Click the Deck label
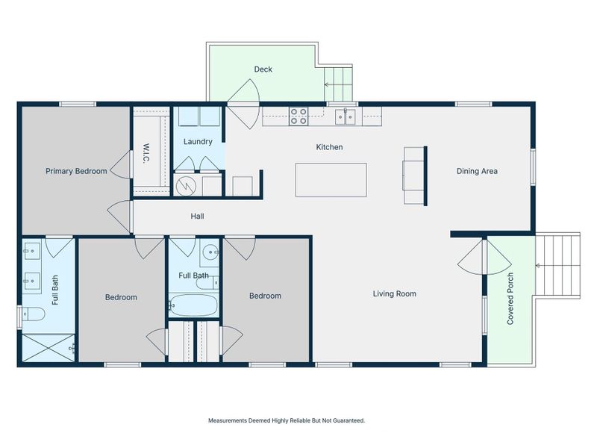(263, 69)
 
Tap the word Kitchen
(329, 147)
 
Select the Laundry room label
(198, 141)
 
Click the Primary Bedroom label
(76, 171)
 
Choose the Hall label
(197, 217)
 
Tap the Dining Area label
(477, 171)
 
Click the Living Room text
(394, 294)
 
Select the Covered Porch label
(511, 299)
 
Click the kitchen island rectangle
(331, 180)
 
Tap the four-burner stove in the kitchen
(298, 115)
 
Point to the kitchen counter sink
(344, 116)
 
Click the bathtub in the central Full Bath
(193, 305)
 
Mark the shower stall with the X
(49, 348)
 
